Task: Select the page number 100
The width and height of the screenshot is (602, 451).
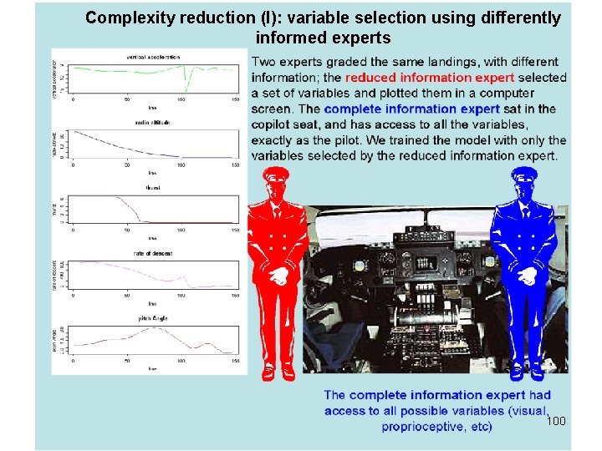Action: pyautogui.click(x=556, y=421)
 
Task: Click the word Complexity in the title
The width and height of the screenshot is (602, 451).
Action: pyautogui.click(x=125, y=18)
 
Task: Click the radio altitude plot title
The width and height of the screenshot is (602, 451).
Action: pyautogui.click(x=153, y=123)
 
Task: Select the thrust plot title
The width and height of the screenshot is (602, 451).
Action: pyautogui.click(x=153, y=188)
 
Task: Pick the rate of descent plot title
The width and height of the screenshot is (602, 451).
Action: pyautogui.click(x=153, y=253)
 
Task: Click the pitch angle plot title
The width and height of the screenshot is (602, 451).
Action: pyautogui.click(x=153, y=318)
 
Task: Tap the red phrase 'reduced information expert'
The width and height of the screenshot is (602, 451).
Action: pyautogui.click(x=430, y=78)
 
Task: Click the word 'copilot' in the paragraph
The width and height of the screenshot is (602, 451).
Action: pyautogui.click(x=273, y=124)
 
